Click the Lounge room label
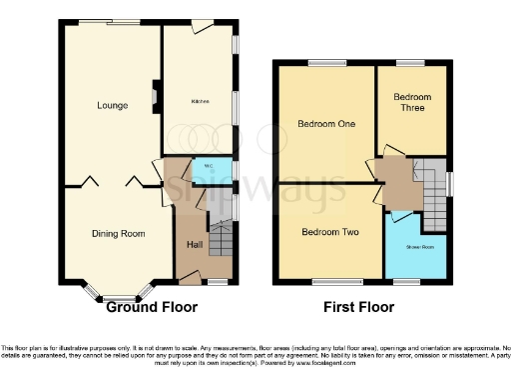(111, 104)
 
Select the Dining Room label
(118, 233)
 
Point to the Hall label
(196, 245)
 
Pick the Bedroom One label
(324, 124)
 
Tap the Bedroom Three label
(412, 101)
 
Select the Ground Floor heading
(152, 308)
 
